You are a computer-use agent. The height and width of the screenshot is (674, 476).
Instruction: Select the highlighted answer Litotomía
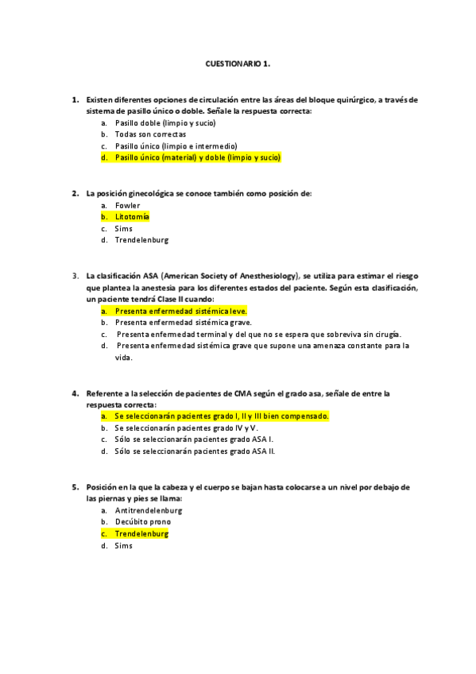tap(132, 216)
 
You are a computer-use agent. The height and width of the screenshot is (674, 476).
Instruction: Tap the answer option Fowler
tap(127, 205)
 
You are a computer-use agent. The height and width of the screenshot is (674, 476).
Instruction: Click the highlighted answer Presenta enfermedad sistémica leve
tap(180, 311)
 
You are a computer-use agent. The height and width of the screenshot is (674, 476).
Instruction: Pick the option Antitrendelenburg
tap(149, 510)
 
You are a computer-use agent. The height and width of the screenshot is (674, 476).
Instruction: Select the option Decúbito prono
tap(142, 522)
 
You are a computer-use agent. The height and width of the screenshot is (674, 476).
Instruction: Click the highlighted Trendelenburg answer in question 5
tap(141, 534)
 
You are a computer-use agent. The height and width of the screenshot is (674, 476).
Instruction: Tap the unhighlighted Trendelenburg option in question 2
tap(141, 240)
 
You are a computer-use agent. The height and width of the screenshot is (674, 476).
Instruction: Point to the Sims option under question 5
tap(123, 545)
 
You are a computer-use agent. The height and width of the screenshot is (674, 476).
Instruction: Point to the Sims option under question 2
tap(123, 228)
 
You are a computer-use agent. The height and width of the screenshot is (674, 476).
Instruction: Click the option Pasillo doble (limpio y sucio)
tap(165, 123)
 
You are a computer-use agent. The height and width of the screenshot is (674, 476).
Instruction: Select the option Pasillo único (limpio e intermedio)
tap(176, 146)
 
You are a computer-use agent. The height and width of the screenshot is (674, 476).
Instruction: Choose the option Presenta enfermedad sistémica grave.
tap(183, 322)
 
